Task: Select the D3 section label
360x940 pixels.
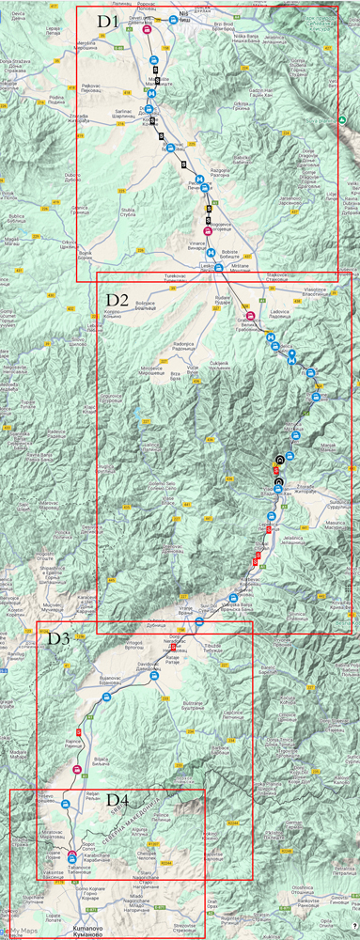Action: [x=59, y=638]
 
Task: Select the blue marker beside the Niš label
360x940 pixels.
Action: [x=174, y=19]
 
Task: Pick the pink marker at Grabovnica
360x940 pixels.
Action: [x=251, y=315]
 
